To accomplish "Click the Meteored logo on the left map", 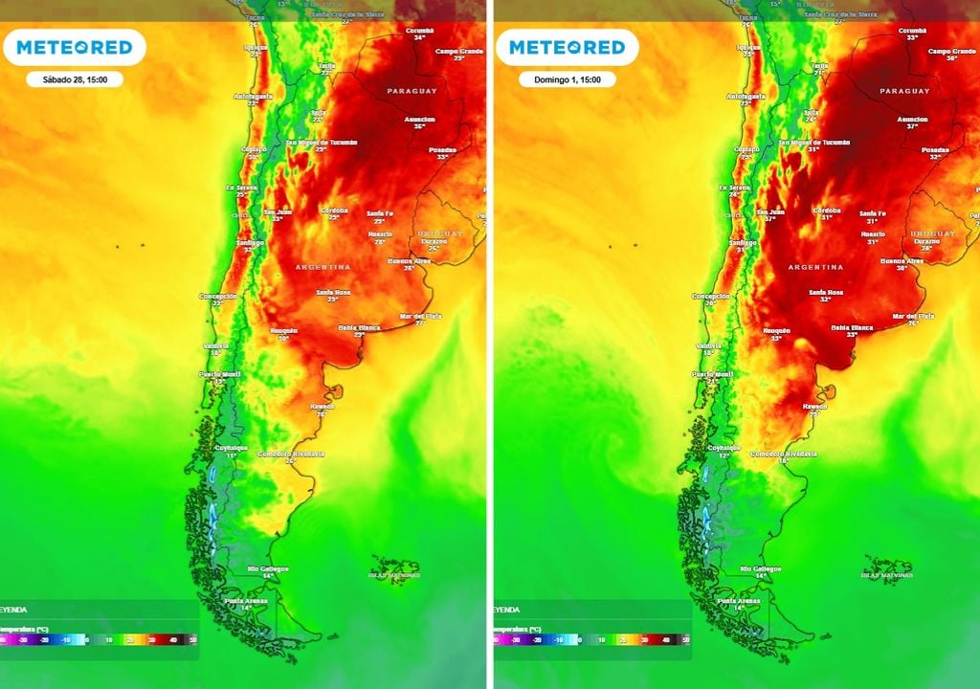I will coord(74,47).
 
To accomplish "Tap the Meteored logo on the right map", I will coord(567,47).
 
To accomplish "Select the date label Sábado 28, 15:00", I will coord(75,79).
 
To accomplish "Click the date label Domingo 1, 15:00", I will coord(567,79).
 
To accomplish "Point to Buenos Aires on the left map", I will coord(409,260).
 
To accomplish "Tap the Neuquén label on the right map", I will coord(775,330).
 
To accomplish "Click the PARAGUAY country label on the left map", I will coord(412,91).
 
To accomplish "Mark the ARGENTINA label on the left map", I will coord(323,267).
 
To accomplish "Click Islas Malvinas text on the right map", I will coord(886,575).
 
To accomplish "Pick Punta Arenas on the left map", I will coord(244,601).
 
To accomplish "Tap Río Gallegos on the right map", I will coord(761,568).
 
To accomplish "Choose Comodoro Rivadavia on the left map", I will coord(291,454).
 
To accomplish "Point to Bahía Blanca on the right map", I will coord(853,327).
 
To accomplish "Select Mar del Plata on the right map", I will coord(913,316).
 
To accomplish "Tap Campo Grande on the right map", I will coord(951,51).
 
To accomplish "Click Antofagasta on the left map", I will coord(253,97).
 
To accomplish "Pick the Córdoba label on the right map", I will coord(826,210).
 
